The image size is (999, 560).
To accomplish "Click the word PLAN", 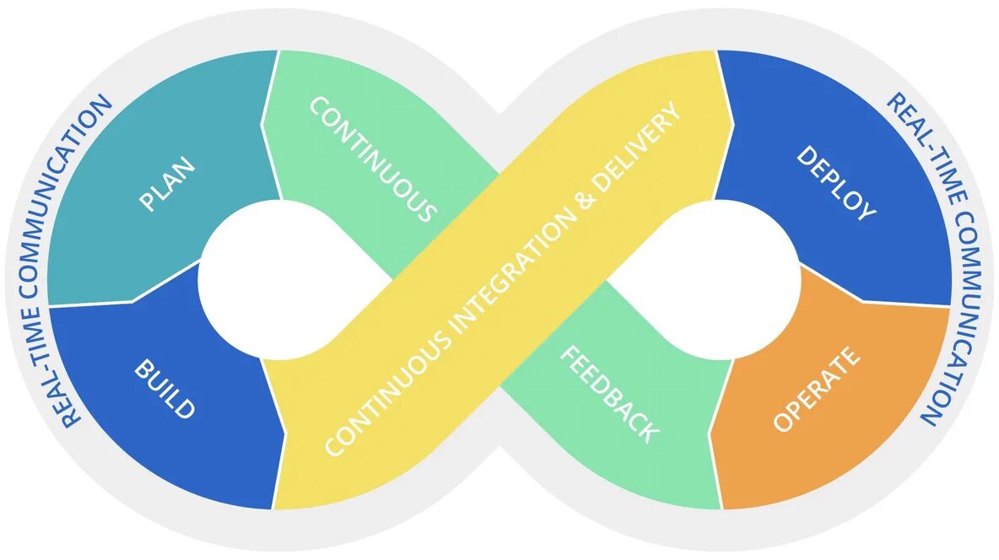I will pyautogui.click(x=167, y=185).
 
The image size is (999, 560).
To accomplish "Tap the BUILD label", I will pyautogui.click(x=165, y=389).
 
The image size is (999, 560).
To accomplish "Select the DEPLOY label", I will pyautogui.click(x=835, y=184).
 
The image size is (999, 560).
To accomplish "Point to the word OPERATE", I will pyautogui.click(x=817, y=389).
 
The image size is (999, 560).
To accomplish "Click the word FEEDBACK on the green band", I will pyautogui.click(x=608, y=394).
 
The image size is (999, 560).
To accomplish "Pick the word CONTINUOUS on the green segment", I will pyautogui.click(x=372, y=159).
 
